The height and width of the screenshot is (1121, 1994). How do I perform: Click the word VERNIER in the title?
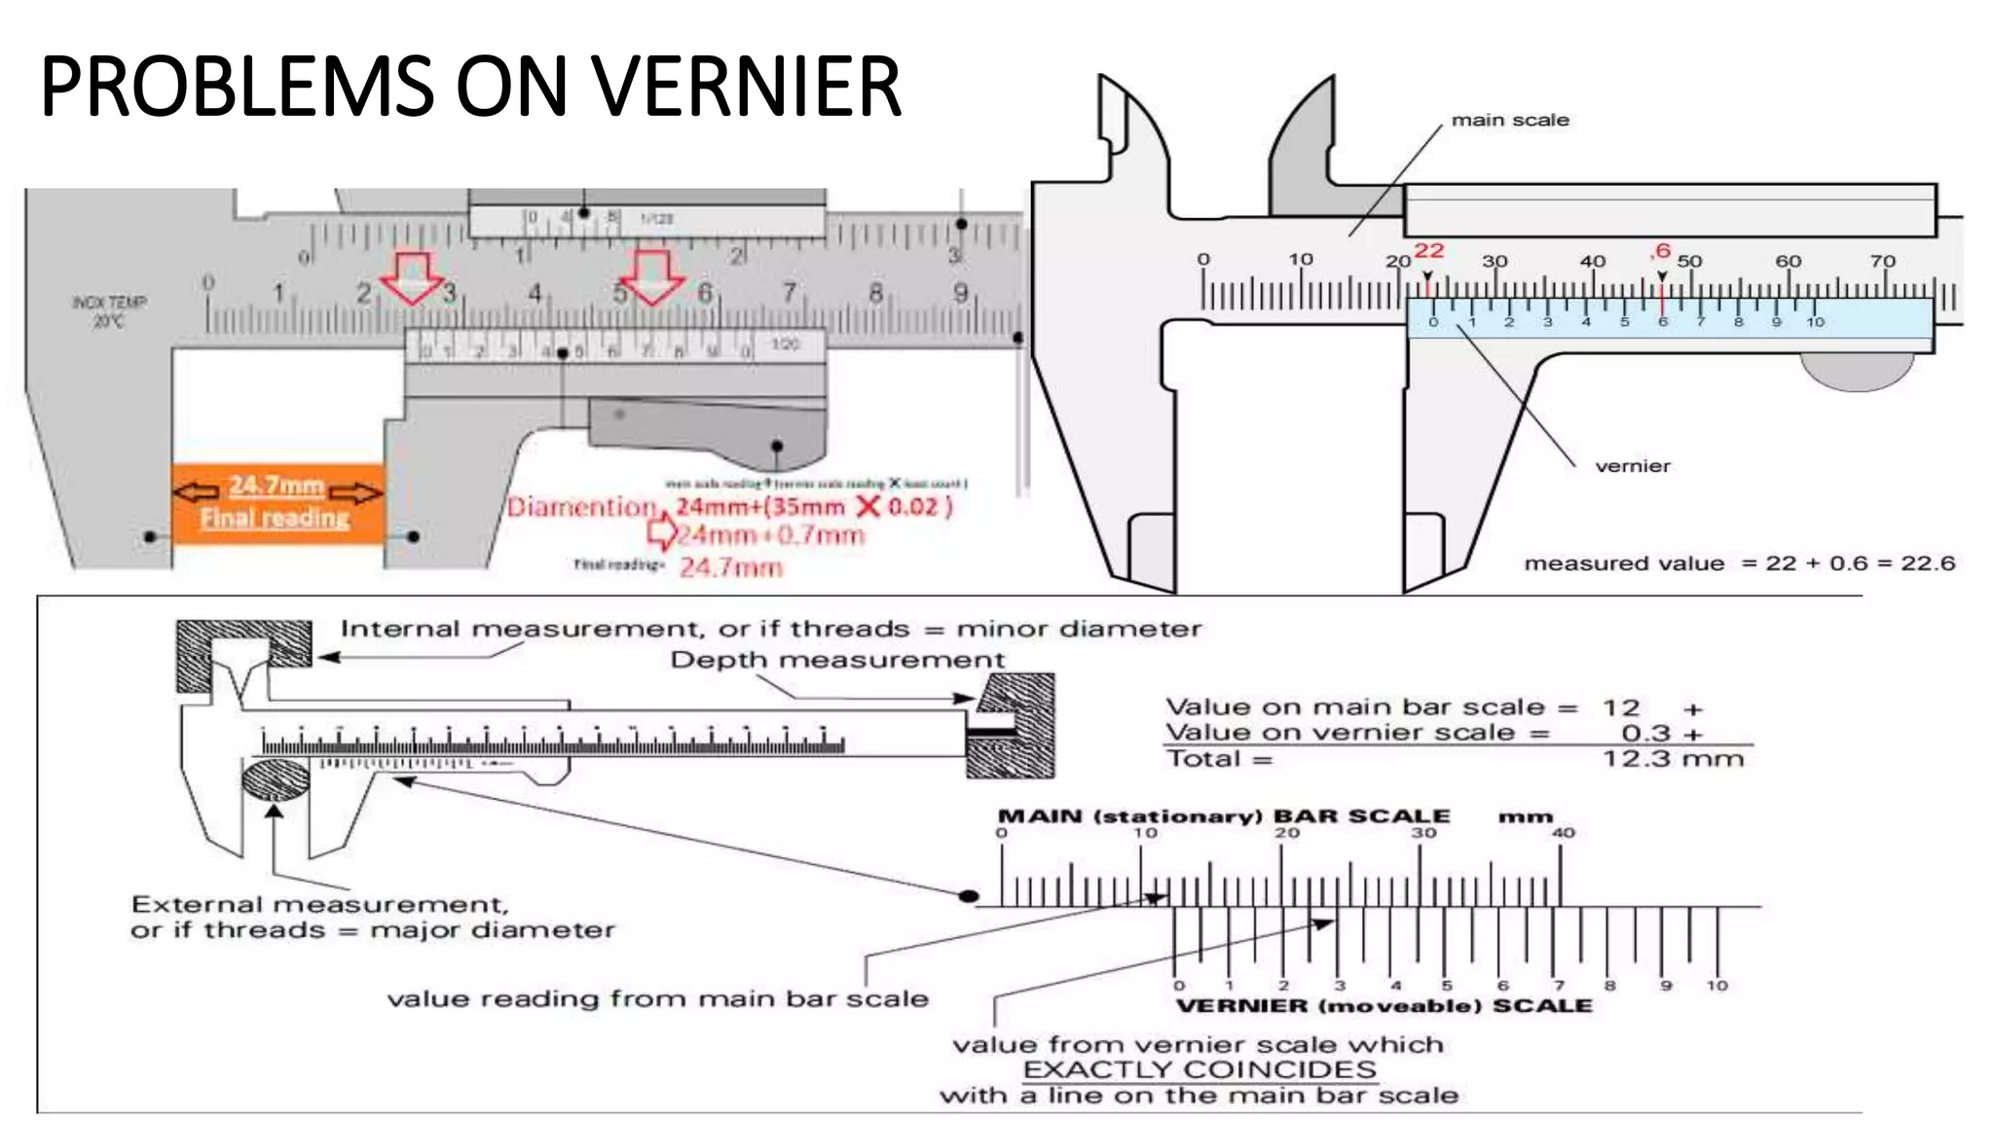745,88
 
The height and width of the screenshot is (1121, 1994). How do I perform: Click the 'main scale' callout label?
1509,120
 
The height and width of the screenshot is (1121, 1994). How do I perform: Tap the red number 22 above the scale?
1428,250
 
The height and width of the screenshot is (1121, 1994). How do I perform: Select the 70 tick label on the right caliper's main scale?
1882,261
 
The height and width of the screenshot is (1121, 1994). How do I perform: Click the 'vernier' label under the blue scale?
1632,466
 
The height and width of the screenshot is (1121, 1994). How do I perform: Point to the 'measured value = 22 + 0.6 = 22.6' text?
1739,563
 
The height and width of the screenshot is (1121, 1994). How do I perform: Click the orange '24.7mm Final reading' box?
277,502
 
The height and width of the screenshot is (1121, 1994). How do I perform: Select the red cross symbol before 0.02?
868,506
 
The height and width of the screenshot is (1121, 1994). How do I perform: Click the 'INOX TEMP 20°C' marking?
108,311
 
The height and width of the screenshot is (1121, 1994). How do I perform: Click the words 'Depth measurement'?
837,660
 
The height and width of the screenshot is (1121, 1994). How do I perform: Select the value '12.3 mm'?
1673,759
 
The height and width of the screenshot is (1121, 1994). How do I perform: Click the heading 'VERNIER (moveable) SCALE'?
1384,1006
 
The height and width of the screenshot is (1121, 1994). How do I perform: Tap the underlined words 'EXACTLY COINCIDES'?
1199,1069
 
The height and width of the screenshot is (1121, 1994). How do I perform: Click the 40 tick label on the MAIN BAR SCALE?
1563,833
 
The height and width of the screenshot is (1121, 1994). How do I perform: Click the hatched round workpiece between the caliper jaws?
276,780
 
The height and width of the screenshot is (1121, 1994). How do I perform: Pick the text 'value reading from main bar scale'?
657,999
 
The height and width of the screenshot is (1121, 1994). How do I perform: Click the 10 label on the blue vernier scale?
1815,322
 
